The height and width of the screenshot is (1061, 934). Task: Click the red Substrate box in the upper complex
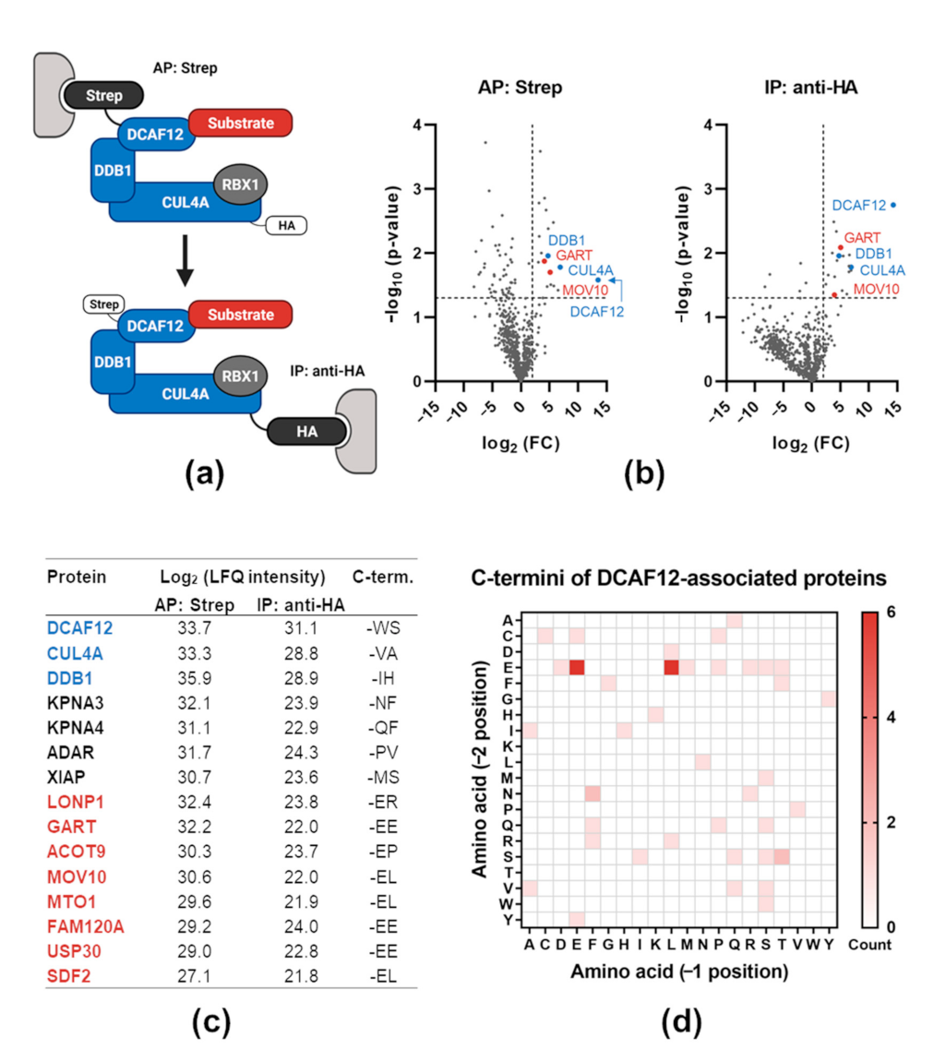(x=241, y=122)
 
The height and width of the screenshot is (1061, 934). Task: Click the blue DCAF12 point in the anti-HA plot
(x=893, y=205)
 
